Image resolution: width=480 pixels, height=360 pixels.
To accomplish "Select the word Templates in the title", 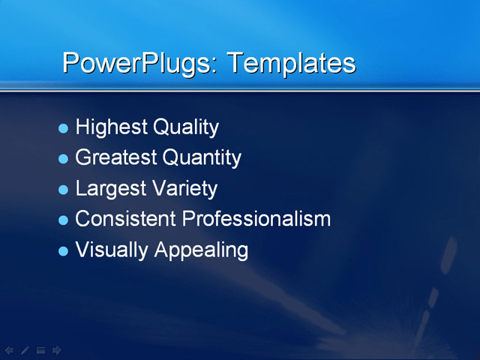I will tap(291, 63).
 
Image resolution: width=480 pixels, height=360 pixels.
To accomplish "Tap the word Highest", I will tap(111, 127).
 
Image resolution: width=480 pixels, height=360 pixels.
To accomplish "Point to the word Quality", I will tap(185, 127).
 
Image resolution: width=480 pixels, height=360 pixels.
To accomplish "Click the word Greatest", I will tap(116, 157).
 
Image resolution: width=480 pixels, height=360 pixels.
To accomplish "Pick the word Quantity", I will tap(202, 157).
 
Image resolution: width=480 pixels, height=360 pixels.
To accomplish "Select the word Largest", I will tap(111, 187).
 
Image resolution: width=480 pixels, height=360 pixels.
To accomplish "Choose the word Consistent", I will tap(127, 218).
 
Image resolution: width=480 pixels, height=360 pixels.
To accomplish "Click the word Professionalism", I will tap(256, 218).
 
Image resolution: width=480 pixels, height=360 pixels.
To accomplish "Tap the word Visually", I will tap(112, 250).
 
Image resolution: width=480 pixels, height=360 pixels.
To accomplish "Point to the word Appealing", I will tap(201, 250).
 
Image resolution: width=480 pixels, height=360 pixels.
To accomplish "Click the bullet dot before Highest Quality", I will tap(63, 128).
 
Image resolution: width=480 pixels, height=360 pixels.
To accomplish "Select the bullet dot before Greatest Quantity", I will tap(63, 159).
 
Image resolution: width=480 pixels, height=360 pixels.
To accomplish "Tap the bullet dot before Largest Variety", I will tap(63, 189).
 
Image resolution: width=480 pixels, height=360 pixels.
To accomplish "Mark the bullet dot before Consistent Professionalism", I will tap(63, 220).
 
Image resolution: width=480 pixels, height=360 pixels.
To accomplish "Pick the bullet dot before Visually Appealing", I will tap(63, 250).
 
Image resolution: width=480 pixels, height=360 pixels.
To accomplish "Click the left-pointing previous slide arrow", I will tap(9, 349).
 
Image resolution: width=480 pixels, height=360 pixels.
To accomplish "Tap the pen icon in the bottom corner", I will tap(25, 349).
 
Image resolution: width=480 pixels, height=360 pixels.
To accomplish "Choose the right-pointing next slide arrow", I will tap(57, 349).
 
